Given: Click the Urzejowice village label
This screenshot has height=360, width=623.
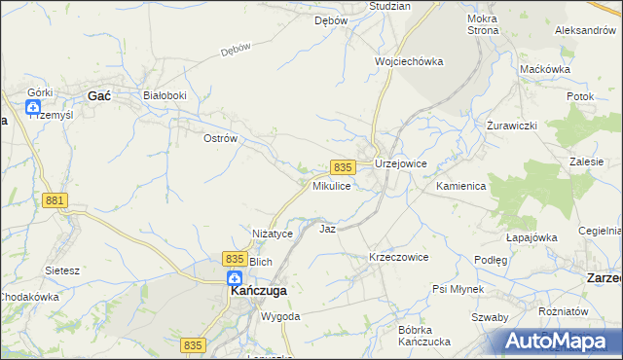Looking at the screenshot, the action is (401, 164).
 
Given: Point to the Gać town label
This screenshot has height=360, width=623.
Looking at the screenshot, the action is (98, 95).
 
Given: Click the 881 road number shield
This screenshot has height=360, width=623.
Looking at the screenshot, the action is (55, 200).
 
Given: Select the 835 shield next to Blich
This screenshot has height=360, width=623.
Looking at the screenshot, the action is (234, 258).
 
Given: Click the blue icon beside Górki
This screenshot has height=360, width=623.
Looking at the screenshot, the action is (33, 106).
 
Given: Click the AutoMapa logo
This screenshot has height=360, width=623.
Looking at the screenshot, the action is (560, 341).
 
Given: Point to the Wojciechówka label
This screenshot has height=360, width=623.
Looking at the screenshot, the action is (409, 61).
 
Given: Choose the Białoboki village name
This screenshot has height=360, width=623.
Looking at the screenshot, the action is (164, 95).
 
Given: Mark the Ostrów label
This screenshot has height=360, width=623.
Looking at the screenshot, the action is (220, 139).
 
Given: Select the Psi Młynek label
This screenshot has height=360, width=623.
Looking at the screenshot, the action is (461, 290).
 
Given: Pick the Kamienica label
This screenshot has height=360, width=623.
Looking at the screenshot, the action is (461, 185).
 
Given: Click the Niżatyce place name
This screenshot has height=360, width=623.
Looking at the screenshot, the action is (273, 234).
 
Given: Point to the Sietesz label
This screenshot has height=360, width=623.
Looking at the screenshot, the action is (62, 270).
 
